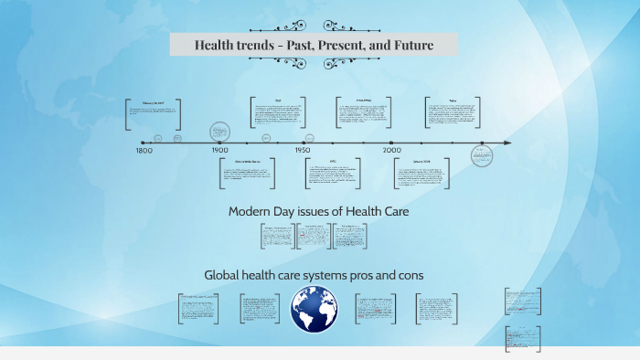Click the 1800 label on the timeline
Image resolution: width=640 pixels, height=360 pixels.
[144, 150]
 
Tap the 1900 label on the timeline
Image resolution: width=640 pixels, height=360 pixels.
[220, 150]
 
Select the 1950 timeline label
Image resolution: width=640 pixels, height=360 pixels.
[303, 150]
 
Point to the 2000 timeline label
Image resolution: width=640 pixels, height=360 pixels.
[392, 150]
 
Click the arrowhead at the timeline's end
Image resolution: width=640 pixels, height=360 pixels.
[507, 143]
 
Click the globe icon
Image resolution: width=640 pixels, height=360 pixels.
[315, 309]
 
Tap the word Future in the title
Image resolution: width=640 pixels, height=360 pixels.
[411, 45]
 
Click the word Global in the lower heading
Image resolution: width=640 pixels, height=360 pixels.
[225, 274]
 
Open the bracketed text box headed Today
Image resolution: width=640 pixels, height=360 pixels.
[453, 113]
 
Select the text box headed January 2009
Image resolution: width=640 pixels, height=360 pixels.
[421, 174]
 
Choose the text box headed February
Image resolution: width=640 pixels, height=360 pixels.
[153, 114]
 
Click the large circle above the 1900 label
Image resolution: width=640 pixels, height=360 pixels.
[219, 132]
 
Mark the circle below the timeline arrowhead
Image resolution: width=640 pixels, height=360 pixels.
[482, 155]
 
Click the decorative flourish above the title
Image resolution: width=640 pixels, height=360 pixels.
[314, 26]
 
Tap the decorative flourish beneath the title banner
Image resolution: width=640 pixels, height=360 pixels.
[314, 63]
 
